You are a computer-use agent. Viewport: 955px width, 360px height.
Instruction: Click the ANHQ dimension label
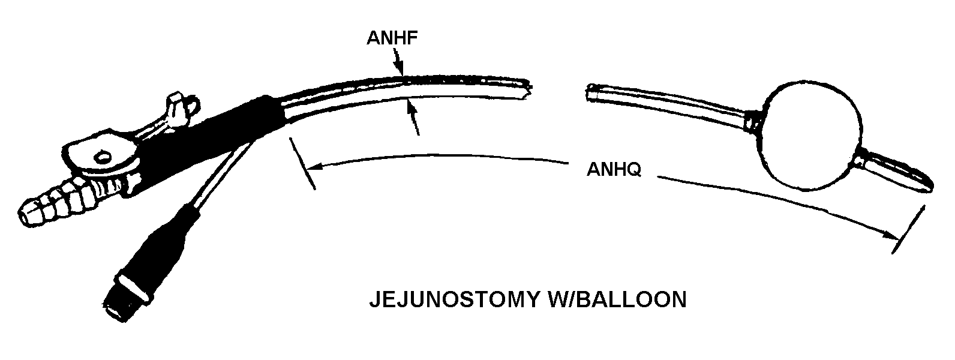click(614, 170)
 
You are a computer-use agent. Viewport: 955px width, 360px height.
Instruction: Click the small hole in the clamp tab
click(103, 157)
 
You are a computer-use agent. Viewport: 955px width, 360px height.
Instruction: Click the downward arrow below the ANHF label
click(400, 66)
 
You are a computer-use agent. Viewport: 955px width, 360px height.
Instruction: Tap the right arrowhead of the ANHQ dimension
click(891, 235)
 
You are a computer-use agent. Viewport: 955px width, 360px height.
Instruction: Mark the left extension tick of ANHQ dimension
click(302, 163)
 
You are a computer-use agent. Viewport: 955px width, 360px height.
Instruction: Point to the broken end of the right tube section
click(591, 92)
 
